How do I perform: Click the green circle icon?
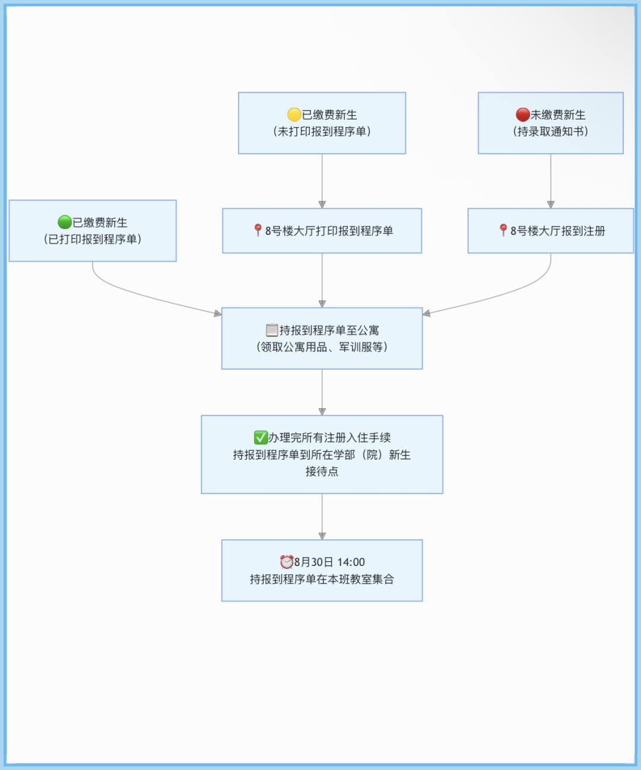[65, 222]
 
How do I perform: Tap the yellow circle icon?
[294, 114]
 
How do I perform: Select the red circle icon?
[522, 114]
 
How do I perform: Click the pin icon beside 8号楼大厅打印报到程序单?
[258, 230]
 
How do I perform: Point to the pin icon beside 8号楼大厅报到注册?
[503, 230]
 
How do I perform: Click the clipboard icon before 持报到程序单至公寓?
[272, 330]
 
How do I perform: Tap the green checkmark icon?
[261, 437]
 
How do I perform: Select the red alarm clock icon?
[286, 562]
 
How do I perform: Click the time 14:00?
[351, 562]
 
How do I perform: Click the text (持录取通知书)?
[551, 131]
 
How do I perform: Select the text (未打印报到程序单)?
[322, 131]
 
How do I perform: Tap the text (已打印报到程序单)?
[93, 239]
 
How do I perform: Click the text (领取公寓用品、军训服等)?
[322, 346]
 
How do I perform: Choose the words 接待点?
[322, 471]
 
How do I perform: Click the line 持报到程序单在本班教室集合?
[322, 579]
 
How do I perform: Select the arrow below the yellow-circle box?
[322, 181]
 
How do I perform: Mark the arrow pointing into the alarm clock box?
[322, 517]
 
